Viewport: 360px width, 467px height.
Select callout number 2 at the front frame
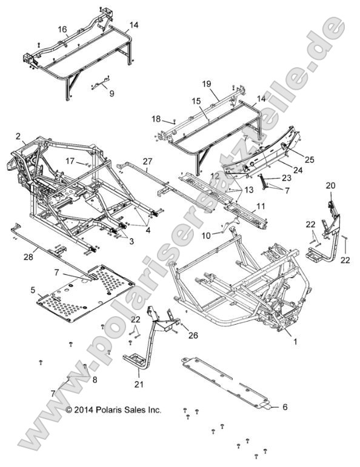pyautogui.click(x=18, y=136)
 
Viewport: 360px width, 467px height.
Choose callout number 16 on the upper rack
pyautogui.click(x=62, y=29)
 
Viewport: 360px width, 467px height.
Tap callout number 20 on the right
pyautogui.click(x=330, y=185)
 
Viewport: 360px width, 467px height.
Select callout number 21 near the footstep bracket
pyautogui.click(x=139, y=384)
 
